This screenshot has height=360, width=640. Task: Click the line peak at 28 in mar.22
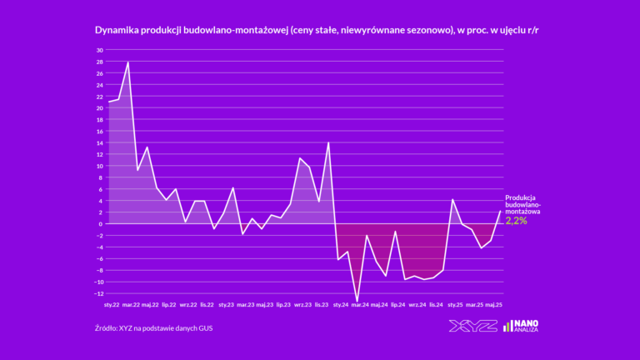(128, 62)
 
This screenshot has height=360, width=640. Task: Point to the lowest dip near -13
(357, 301)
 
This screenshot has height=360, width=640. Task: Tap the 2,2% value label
(517, 221)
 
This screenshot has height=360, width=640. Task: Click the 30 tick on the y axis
(99, 50)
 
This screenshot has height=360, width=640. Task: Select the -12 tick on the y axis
(98, 293)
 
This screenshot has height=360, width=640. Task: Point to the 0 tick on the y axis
(101, 224)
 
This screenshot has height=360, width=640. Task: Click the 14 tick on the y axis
(99, 142)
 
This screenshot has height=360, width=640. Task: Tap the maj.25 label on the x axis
(493, 305)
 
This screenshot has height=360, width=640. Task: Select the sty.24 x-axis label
(341, 305)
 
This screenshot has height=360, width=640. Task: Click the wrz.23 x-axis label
(302, 305)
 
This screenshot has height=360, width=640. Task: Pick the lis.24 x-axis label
(436, 305)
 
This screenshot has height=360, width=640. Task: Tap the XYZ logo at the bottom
(472, 326)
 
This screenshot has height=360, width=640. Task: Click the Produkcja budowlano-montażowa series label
(523, 204)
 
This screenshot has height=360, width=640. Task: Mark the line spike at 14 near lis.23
(328, 142)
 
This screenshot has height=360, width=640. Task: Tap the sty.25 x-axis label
(455, 305)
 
